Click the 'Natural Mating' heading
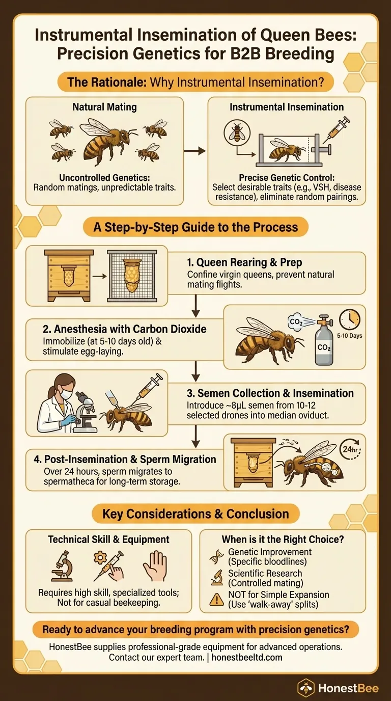[104, 107]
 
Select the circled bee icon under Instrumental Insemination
[237, 132]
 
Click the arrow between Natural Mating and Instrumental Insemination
[194, 151]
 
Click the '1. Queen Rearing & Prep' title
[244, 262]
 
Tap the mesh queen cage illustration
[132, 276]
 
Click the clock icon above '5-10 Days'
[350, 319]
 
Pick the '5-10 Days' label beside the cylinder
[349, 336]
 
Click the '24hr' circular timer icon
[351, 449]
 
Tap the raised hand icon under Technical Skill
[155, 566]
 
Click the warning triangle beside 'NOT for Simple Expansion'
[216, 599]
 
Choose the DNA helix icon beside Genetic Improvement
[216, 557]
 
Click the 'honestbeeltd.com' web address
[247, 657]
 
